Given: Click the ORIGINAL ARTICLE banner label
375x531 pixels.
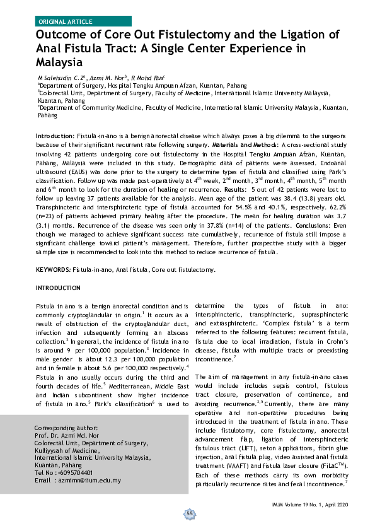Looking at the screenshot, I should point(65,21).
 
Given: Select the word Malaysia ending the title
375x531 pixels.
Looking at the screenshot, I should point(59,62).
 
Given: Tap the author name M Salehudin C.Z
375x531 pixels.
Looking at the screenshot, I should point(62,76).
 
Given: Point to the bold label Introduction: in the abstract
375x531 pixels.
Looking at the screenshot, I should point(55,136).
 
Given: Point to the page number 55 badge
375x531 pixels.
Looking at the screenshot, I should point(188,514).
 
